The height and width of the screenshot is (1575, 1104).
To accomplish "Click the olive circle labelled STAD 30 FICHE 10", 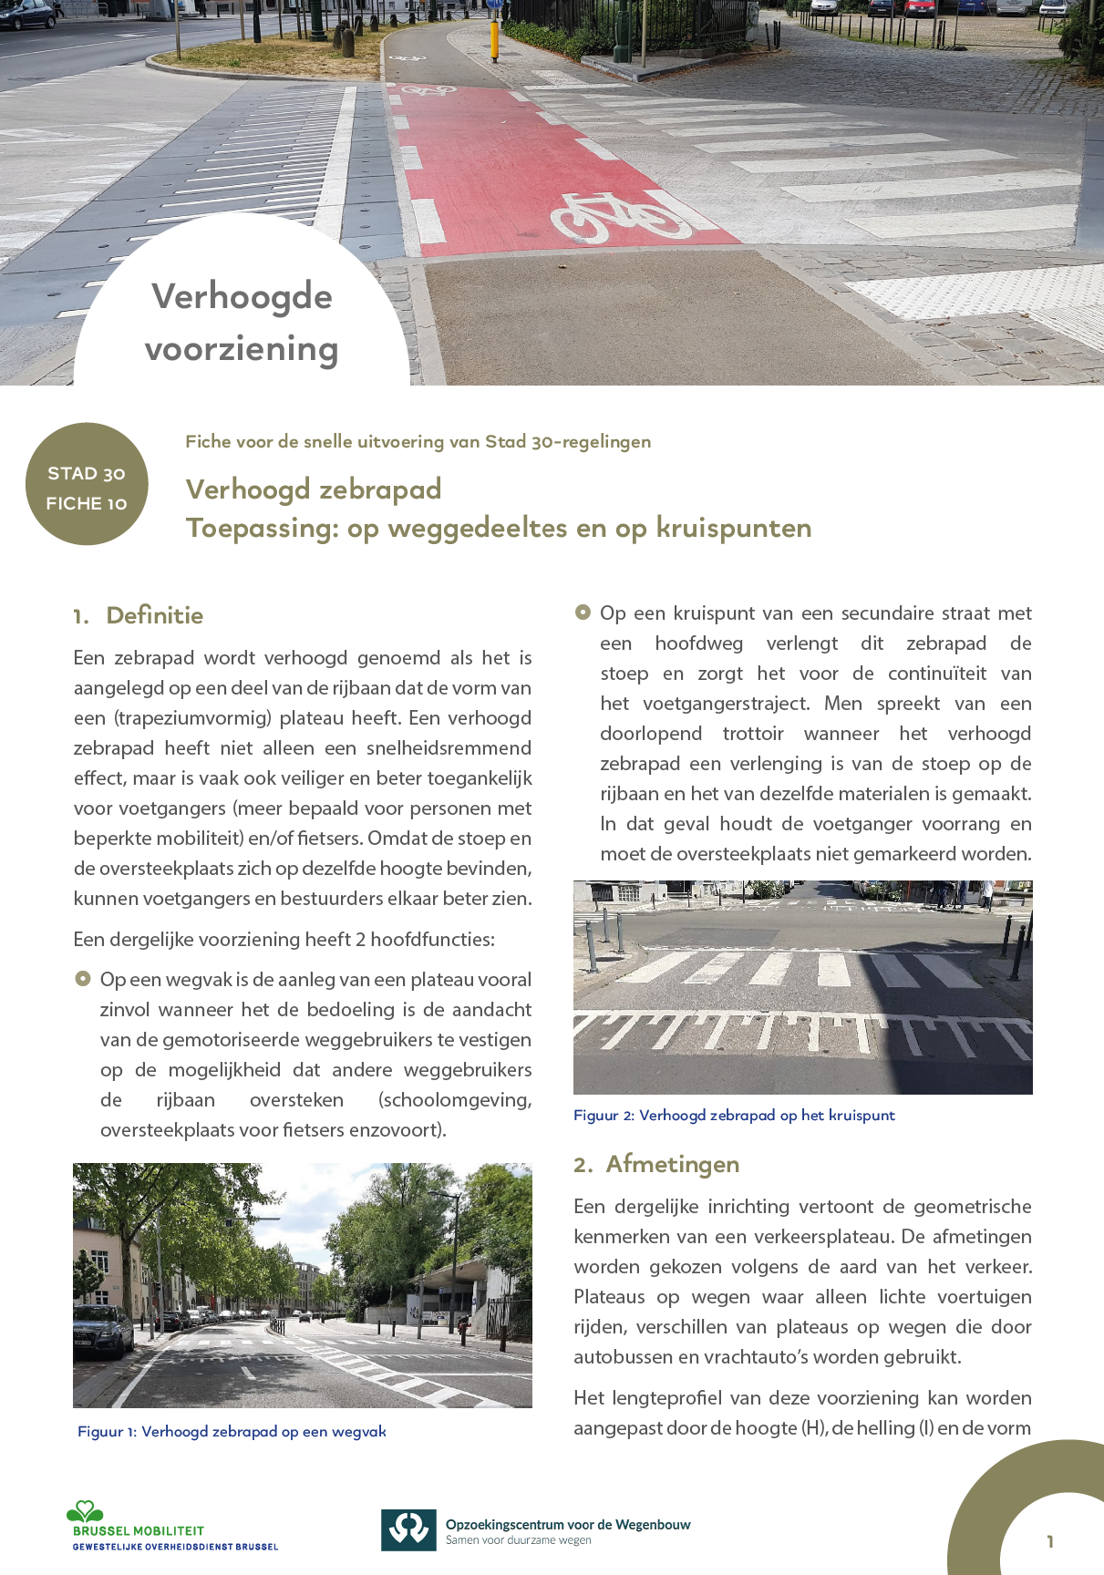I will (87, 484).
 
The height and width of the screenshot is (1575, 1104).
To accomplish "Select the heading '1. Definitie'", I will (139, 615).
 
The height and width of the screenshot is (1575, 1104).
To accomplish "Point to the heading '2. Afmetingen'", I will (656, 1164).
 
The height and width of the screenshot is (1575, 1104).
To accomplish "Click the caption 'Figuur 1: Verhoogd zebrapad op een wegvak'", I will (232, 1432).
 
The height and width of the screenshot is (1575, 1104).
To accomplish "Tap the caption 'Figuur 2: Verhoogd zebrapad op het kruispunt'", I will (734, 1115).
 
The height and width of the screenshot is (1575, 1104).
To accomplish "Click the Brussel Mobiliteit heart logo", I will (85, 1512).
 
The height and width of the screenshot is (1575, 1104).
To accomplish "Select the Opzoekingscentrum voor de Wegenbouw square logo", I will (408, 1530).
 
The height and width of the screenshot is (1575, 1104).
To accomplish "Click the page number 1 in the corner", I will (1050, 1541).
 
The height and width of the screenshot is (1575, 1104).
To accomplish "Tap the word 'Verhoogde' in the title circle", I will (242, 296).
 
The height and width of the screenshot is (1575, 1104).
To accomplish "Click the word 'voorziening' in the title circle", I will (242, 348).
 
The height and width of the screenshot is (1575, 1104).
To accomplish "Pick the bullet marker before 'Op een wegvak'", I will (83, 979).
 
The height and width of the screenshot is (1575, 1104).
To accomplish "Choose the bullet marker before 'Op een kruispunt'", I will (583, 612).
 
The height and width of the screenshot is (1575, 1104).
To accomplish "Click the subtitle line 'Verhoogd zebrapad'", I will (314, 489).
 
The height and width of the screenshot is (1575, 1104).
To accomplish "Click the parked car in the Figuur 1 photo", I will (102, 1330).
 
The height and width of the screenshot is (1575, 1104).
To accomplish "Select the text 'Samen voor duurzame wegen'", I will (518, 1540).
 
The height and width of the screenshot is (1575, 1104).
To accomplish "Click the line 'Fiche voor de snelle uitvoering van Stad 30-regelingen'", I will (418, 442).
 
